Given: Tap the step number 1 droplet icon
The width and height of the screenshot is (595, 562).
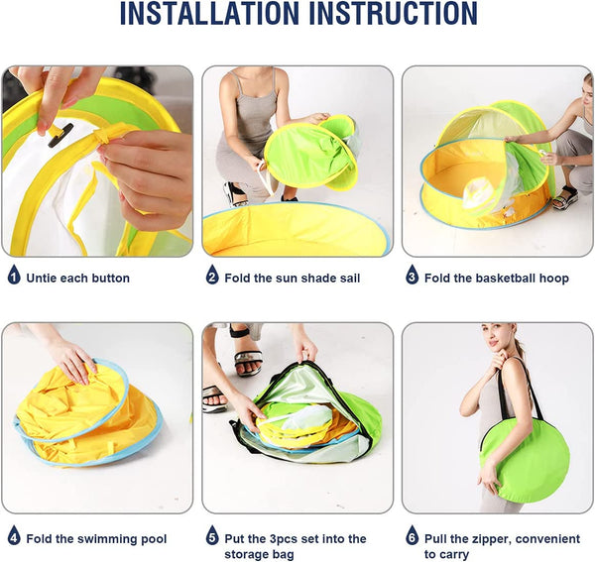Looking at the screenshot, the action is (x=14, y=275).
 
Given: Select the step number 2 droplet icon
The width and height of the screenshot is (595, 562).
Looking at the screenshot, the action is (x=212, y=275).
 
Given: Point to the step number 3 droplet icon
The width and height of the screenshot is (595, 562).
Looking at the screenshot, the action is (x=413, y=275).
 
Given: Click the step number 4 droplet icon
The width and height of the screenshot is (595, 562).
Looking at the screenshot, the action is (x=14, y=535).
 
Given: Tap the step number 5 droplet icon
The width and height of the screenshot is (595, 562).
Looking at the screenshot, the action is (x=212, y=535).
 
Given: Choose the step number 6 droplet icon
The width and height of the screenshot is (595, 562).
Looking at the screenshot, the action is (x=413, y=535).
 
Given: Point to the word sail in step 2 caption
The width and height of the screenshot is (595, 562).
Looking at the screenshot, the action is (x=348, y=279).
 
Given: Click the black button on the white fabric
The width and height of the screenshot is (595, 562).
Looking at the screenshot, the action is (x=60, y=135).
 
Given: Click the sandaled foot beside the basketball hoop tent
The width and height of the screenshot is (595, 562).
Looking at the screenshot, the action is (x=565, y=198).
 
